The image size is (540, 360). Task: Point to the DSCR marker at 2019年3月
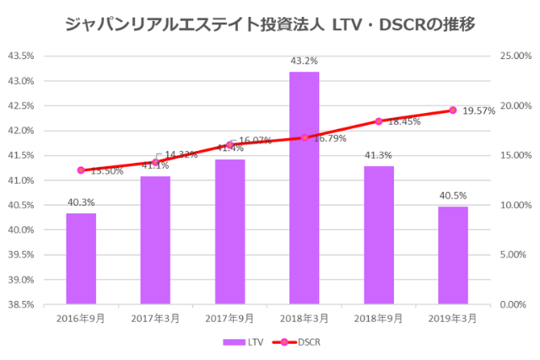(x=453, y=110)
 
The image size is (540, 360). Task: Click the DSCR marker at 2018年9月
(x=379, y=121)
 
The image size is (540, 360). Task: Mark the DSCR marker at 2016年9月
(x=81, y=170)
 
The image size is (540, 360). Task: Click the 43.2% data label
(x=304, y=61)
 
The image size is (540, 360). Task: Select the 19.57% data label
(x=479, y=110)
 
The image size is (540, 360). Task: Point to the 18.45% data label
(x=404, y=121)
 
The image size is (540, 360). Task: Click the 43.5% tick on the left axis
(x=20, y=56)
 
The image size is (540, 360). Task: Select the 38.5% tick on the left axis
(x=20, y=304)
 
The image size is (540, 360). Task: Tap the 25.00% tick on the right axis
(x=517, y=56)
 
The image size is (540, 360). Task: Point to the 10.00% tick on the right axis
(x=517, y=205)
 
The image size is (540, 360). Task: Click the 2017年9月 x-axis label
(x=229, y=318)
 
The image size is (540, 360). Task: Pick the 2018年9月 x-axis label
(x=379, y=318)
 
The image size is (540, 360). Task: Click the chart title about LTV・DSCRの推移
(x=270, y=24)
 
